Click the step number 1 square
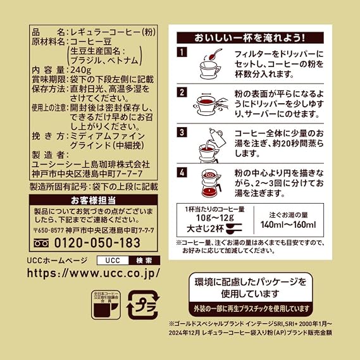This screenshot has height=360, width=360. point(182,52)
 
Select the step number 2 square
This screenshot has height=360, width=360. point(182,92)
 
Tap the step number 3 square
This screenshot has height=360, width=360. point(182,132)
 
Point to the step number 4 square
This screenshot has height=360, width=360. point(182,173)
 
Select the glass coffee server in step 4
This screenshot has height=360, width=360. point(211,189)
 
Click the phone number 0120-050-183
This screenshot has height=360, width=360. point(97,243)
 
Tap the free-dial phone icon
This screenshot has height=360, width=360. point(41,243)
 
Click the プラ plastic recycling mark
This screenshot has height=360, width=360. point(143,305)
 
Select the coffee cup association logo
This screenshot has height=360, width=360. point(106,305)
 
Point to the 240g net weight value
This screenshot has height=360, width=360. point(80,70)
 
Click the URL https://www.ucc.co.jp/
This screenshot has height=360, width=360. point(93,273)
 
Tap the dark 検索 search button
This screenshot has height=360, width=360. point(144,261)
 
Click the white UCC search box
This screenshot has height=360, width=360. point(113,261)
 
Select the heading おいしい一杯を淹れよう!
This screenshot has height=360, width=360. point(250,38)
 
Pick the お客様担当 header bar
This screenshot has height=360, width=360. point(93,200)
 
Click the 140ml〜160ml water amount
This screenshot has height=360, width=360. point(288,225)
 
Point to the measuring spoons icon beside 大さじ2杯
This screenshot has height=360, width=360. point(234,228)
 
